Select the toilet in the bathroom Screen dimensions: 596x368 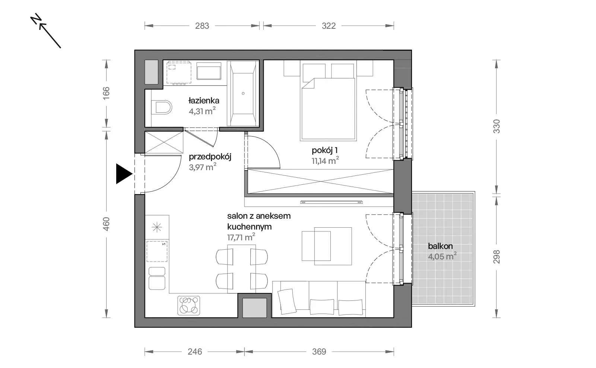(162, 107)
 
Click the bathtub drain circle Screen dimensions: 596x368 (243, 93)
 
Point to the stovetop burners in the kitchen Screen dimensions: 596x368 (189, 305)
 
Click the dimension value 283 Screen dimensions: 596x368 (202, 26)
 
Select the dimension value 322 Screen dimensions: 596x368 (329, 26)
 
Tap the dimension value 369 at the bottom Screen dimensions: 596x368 (319, 352)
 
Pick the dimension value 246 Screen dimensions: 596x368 (195, 352)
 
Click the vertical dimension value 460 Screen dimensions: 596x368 (106, 224)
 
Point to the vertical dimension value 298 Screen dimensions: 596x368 (497, 257)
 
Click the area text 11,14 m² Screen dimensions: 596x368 (325, 160)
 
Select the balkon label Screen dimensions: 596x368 (440, 246)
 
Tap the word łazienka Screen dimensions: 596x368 (204, 100)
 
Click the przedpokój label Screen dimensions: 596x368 (210, 157)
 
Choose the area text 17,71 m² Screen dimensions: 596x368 (241, 237)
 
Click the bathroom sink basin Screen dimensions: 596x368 (209, 71)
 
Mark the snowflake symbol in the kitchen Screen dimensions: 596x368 (157, 227)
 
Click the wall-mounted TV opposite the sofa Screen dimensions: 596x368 (331, 202)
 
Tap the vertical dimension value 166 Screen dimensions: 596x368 (106, 93)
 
